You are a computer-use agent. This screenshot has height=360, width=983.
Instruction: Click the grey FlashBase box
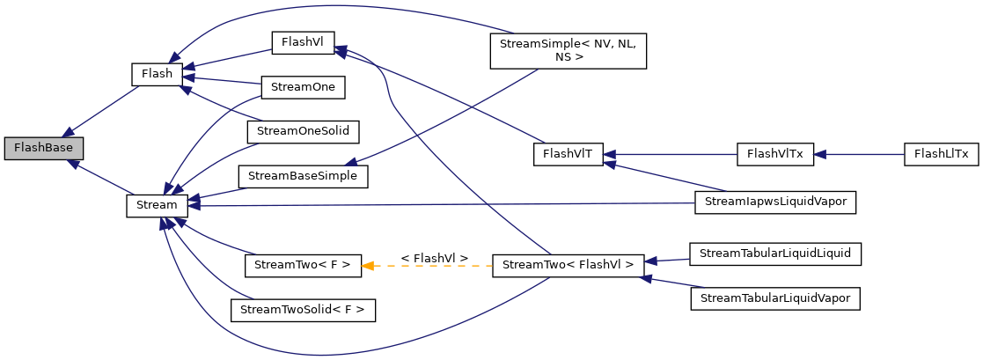tap(43, 148)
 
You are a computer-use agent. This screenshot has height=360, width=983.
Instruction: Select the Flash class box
tap(157, 74)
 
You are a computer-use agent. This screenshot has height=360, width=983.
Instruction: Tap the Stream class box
tap(157, 205)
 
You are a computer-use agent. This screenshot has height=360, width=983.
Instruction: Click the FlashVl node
tap(303, 41)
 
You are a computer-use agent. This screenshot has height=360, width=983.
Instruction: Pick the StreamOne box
tap(303, 87)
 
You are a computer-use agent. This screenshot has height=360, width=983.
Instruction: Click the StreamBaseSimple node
tap(303, 176)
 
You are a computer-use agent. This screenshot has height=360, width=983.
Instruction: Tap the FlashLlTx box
tap(941, 154)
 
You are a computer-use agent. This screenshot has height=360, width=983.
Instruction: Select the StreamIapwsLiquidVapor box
tap(774, 202)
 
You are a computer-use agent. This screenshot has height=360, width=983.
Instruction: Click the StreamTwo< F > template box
tap(303, 264)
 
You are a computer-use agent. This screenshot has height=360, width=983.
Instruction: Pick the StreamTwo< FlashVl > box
tap(568, 264)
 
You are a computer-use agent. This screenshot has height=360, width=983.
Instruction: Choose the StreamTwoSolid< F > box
tap(303, 310)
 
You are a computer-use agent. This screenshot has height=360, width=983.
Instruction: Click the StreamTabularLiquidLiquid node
tap(774, 253)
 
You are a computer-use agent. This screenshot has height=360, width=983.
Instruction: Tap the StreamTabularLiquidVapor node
tap(774, 299)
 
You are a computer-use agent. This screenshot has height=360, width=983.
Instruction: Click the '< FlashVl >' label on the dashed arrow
tap(434, 257)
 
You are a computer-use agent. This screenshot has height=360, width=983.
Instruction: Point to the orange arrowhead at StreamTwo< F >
tap(368, 264)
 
